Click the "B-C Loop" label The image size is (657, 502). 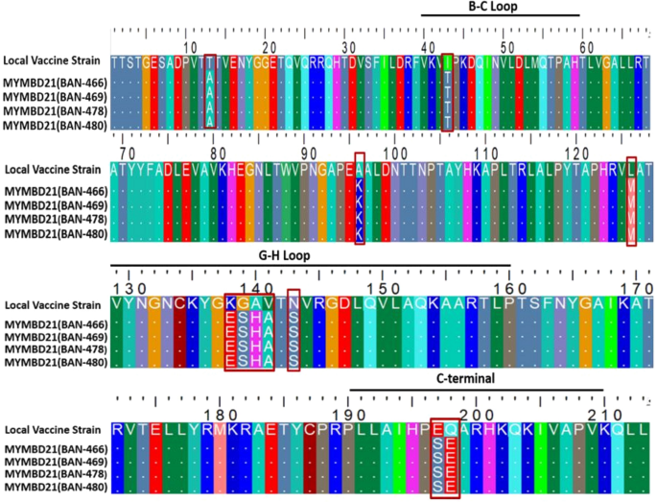(500, 7)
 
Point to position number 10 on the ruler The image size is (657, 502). (191, 47)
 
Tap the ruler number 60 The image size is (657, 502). (589, 47)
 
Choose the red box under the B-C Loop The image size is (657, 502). (447, 92)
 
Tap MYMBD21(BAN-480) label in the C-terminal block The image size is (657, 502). (54, 487)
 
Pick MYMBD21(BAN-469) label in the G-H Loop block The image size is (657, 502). (54, 337)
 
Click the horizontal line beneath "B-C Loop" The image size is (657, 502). (500, 15)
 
